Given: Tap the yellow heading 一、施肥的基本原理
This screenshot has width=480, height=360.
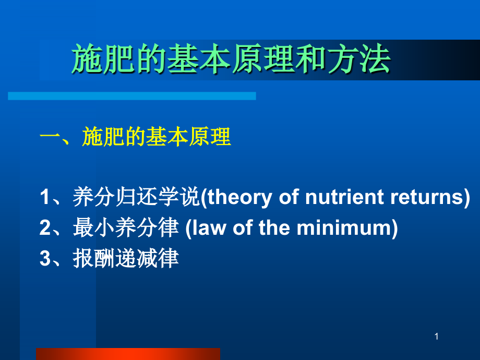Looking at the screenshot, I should click(135, 138).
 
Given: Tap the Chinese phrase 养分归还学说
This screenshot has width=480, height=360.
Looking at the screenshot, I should click(137, 198).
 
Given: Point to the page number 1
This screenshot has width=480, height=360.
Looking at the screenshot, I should click(437, 338).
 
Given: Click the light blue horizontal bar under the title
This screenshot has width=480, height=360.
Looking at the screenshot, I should click(131, 96).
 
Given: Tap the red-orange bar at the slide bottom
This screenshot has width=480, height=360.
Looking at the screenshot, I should click(128, 354).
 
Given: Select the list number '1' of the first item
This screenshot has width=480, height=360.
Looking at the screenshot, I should click(45, 198).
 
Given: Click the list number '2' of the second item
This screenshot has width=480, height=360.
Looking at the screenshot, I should click(45, 229).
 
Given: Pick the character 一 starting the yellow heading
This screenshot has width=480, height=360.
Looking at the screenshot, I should click(50, 138).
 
